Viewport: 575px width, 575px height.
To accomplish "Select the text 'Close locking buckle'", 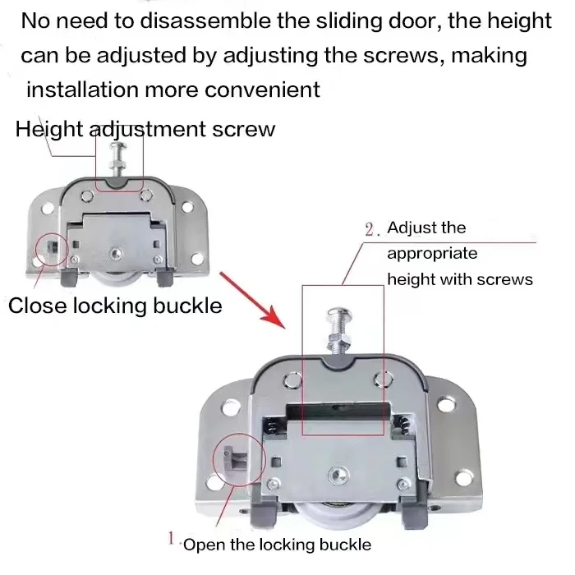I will (115, 306).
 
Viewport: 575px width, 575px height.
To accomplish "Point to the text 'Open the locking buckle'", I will (276, 544).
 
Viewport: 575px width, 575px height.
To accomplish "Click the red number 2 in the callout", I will (370, 229).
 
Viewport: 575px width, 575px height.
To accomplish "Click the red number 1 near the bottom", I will (170, 539).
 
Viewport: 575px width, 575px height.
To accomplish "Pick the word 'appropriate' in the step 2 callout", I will (431, 254).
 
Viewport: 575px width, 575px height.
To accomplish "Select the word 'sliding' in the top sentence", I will (361, 21).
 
